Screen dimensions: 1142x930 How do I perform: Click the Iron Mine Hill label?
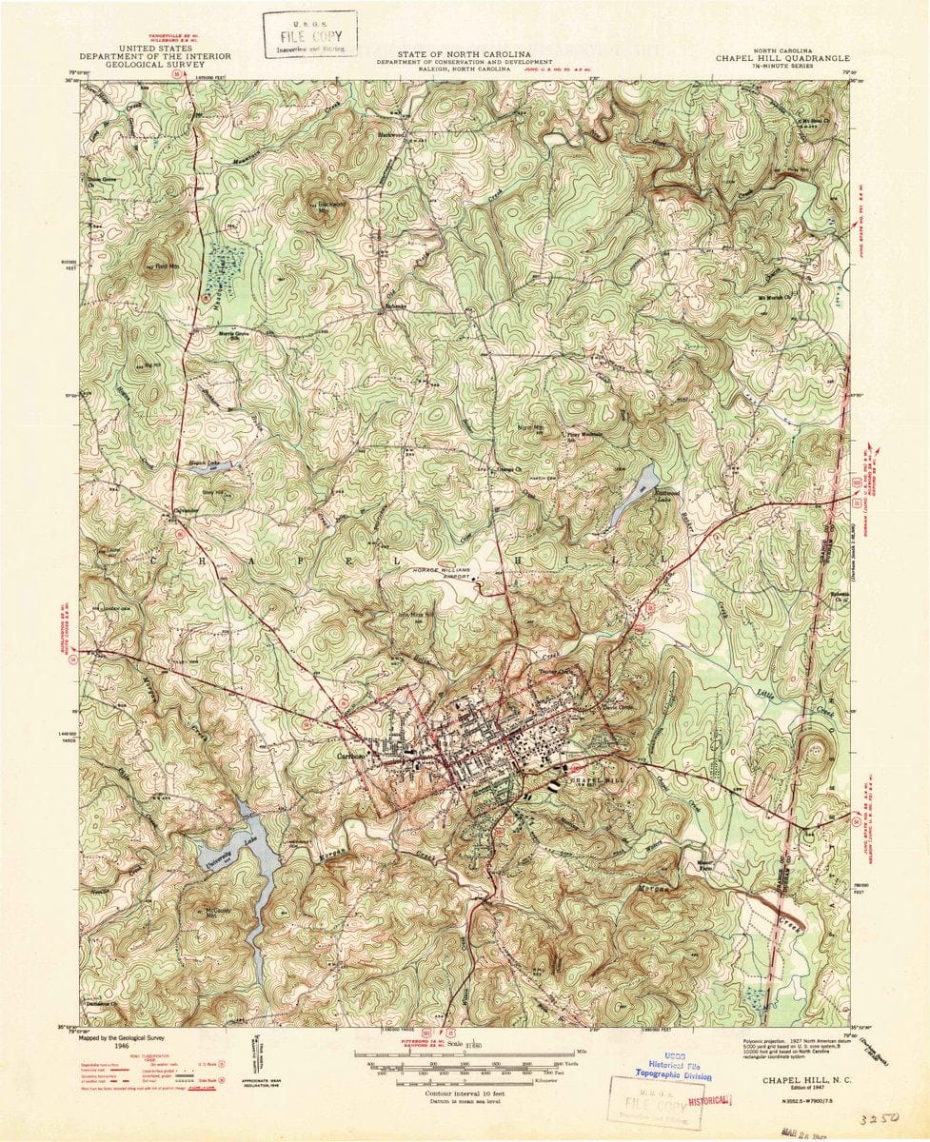[415, 616]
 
